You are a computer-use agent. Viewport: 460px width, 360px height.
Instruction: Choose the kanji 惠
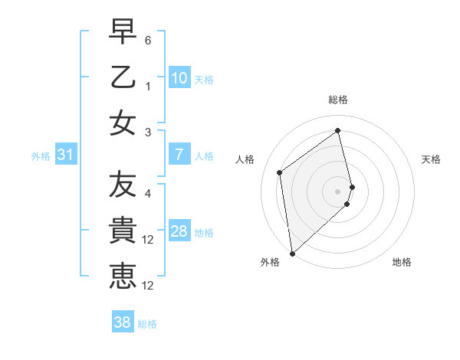coord(123,275)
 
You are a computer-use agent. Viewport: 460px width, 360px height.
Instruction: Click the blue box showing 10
coord(179,77)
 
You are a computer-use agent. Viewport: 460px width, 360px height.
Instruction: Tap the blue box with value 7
coord(179,155)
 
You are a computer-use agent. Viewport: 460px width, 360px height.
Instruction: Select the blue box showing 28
coord(179,231)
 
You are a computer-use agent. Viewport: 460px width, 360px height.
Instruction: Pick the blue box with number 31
coord(66,155)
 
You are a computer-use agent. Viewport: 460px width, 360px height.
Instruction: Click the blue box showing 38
coord(122,322)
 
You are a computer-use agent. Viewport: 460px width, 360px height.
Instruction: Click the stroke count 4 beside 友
coord(148,192)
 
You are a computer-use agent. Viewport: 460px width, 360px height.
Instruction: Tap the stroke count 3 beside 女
coord(148,133)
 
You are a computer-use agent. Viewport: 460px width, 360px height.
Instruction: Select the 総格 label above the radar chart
coord(338,100)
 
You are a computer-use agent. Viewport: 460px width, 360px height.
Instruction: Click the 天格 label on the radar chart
coord(432,159)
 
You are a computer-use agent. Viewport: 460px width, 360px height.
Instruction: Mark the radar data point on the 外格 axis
coord(292,252)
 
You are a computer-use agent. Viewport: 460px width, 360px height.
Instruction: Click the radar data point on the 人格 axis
coord(280,172)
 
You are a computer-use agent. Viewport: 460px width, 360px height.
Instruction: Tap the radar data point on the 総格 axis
coord(338,130)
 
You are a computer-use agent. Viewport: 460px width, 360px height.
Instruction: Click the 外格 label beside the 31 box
coord(41,155)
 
